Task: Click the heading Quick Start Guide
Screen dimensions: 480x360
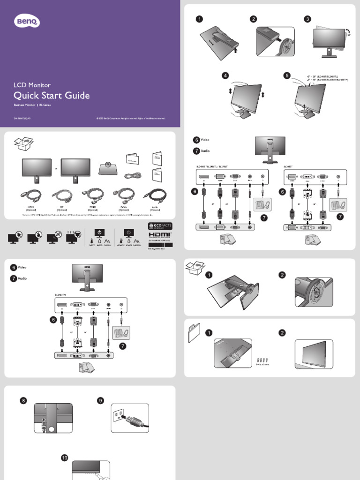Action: (52, 96)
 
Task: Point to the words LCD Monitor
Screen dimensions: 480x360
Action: (32, 85)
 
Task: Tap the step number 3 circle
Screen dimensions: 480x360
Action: (307, 19)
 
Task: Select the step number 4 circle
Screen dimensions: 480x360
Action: (226, 75)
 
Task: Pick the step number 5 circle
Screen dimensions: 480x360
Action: (287, 75)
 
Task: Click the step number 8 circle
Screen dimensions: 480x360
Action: (23, 400)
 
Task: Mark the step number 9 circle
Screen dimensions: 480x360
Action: (100, 400)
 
